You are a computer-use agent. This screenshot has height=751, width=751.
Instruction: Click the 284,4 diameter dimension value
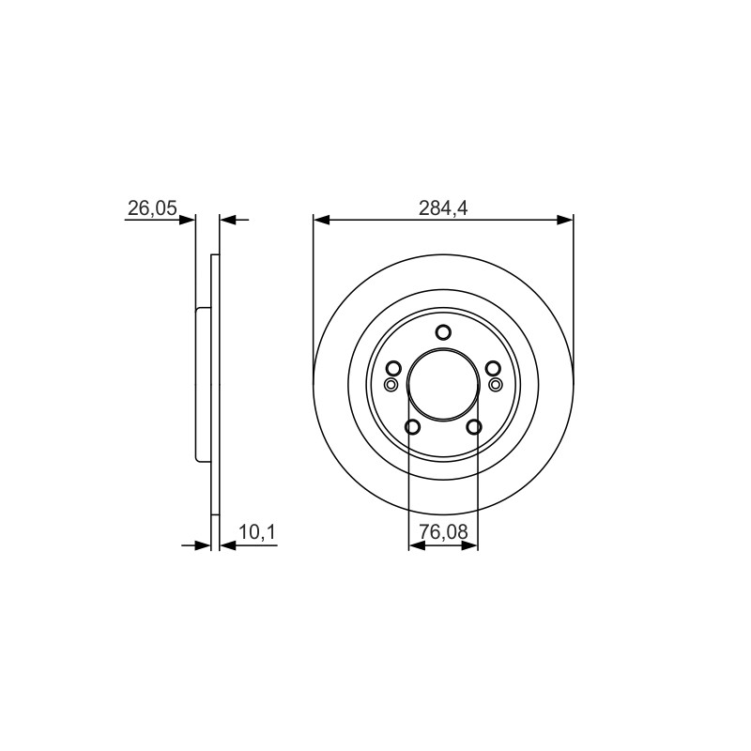(x=443, y=207)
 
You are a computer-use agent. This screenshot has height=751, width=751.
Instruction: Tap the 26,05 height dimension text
(x=152, y=207)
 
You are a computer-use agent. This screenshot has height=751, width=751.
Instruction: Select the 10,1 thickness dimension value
(x=257, y=531)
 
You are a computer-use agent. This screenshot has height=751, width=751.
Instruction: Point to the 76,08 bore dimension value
(x=443, y=531)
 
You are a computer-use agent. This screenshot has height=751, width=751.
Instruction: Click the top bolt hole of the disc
(x=443, y=332)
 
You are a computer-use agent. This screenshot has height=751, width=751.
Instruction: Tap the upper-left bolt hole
(x=393, y=368)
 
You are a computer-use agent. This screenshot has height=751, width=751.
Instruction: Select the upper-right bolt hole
(x=493, y=368)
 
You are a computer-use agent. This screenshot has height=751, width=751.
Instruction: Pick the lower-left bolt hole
(x=412, y=427)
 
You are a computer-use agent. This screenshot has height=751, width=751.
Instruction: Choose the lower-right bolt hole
(x=474, y=427)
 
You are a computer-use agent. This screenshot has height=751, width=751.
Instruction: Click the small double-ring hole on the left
(x=391, y=384)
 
